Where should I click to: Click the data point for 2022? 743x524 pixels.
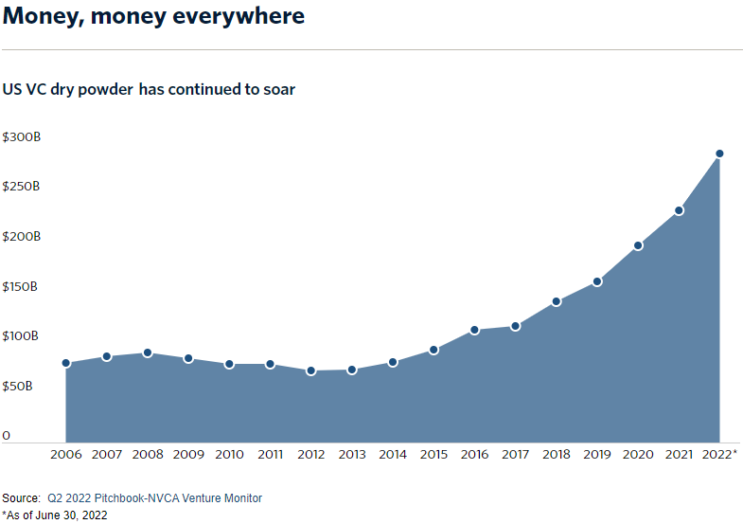[719, 154]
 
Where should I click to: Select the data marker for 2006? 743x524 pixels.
[65, 363]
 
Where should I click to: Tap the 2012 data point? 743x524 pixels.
[310, 370]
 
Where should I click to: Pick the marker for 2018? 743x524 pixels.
[557, 301]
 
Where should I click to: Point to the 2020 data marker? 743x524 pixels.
[638, 245]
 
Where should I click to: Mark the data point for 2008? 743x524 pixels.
[148, 352]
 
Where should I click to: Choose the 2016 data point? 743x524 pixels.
[474, 330]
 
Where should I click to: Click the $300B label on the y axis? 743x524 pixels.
[21, 137]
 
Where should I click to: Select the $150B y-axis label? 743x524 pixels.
[21, 287]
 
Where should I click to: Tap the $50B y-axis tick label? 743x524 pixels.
[19, 387]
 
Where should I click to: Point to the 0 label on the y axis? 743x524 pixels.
[6, 436]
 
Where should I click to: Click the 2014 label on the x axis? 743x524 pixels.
[392, 455]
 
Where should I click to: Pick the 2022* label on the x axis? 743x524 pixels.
[721, 455]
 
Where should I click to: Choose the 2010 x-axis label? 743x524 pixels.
[229, 455]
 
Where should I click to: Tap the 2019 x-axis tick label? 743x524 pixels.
[597, 455]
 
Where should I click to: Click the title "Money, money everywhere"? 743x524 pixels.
[153, 16]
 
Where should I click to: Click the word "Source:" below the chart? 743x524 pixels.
[22, 497]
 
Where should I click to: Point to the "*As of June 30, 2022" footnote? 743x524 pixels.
[55, 515]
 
